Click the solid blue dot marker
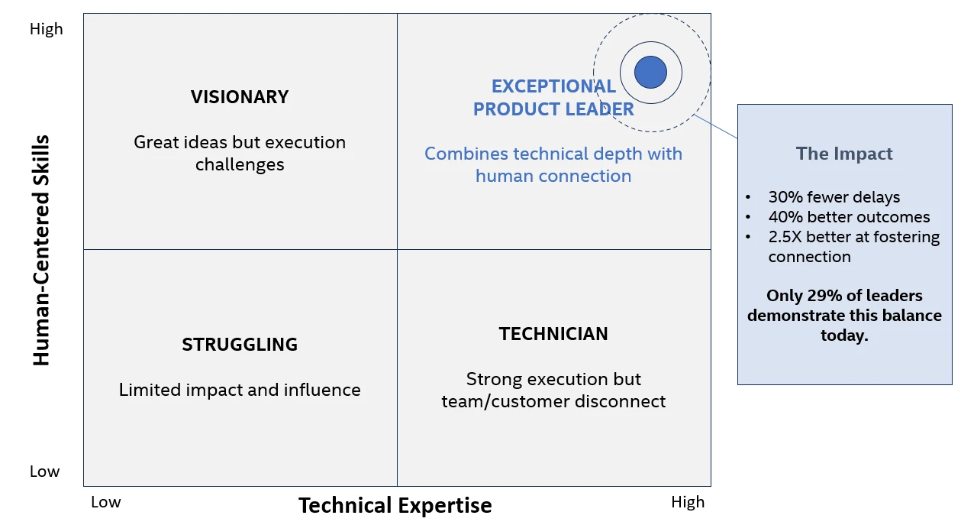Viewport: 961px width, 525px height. pos(650,72)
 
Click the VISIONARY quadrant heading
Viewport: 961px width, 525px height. pos(240,96)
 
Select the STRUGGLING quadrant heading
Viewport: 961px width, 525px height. pos(240,344)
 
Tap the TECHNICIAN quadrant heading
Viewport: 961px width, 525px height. pos(553,334)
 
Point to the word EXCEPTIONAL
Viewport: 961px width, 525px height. pos(553,86)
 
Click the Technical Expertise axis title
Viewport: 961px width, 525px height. pos(395,505)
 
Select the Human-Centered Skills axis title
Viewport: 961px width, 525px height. pos(41,251)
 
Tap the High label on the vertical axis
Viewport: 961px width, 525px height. pos(47,29)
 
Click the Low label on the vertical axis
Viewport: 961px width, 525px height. pos(44,472)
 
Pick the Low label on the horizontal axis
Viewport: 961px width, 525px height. pos(106,502)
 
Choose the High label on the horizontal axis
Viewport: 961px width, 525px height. pos(688,502)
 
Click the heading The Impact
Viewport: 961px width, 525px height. pos(844,154)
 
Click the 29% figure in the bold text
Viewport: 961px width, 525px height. pos(824,296)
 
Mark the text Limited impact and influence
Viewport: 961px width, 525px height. pos(240,390)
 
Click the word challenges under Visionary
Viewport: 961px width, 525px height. pos(240,164)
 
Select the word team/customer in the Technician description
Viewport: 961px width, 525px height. pos(505,401)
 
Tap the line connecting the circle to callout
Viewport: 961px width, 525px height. pos(715,126)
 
